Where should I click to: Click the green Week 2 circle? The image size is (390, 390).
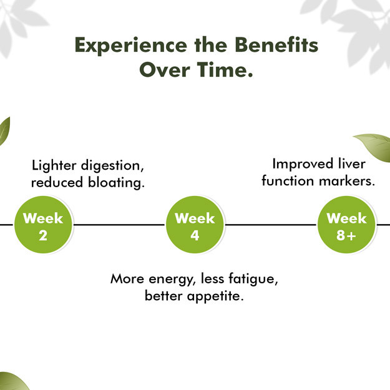43,225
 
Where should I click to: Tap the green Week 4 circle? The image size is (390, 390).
195,225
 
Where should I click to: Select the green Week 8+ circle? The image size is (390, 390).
346,225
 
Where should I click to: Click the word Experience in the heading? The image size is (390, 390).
131,46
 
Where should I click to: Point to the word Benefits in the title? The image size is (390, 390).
276,45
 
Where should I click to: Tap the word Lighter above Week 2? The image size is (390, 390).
54,166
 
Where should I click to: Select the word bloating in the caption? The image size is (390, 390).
116,182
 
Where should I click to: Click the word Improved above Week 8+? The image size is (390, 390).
303,164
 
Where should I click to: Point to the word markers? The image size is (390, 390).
347,181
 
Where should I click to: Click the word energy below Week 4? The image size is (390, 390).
171,280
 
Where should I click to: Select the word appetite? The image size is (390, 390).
215,296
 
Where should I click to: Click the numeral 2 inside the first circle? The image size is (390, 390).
43,235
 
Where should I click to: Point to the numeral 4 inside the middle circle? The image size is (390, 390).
195,235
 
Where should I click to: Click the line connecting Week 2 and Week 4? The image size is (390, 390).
119,225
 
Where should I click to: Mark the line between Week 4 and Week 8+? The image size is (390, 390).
271,225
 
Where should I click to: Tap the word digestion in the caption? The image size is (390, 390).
112,166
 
